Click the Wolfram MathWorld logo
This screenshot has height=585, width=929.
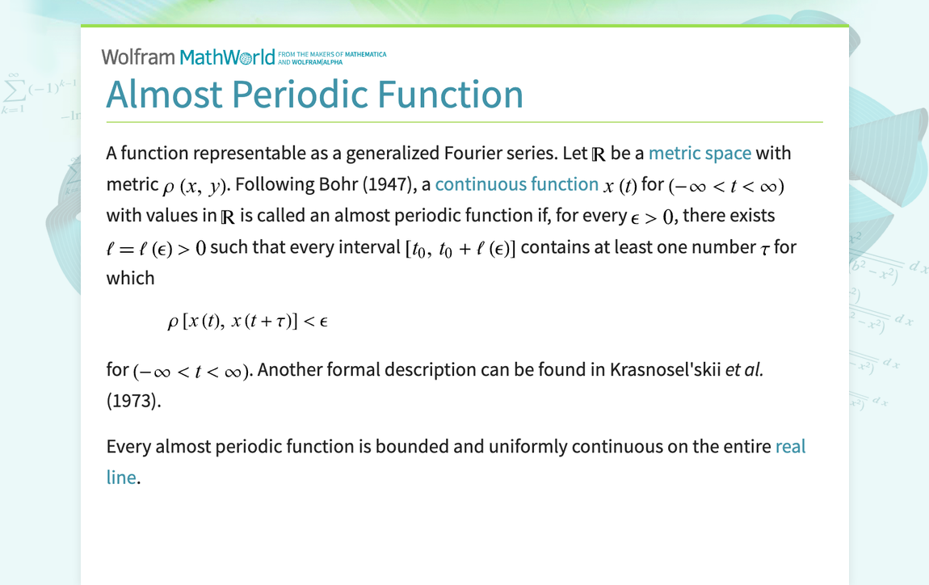pos(187,57)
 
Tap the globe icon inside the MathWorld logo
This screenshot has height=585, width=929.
pos(246,58)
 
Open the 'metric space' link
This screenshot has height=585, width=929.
pos(700,153)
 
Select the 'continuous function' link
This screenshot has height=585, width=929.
pos(516,184)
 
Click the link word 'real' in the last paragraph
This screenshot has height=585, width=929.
pos(790,446)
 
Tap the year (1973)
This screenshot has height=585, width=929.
pos(133,400)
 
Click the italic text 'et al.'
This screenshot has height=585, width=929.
pos(744,369)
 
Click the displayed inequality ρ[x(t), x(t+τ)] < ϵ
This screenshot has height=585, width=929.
pos(247,322)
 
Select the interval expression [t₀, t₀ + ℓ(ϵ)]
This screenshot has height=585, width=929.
pos(460,248)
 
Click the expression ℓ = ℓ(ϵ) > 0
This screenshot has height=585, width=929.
pos(156,248)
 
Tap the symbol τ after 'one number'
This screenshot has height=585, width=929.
pos(765,249)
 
